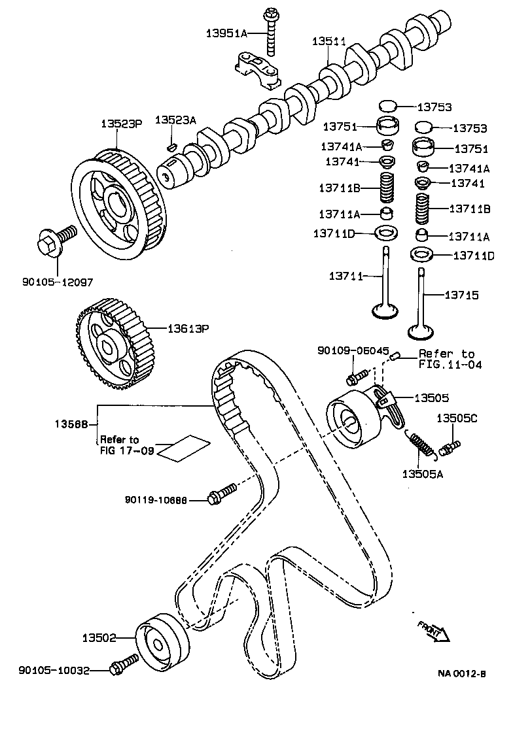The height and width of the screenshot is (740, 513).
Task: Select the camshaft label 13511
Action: pyautogui.click(x=329, y=41)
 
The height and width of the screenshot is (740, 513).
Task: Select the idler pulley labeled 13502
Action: pyautogui.click(x=162, y=642)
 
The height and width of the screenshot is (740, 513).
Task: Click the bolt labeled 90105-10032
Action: pyautogui.click(x=124, y=664)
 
